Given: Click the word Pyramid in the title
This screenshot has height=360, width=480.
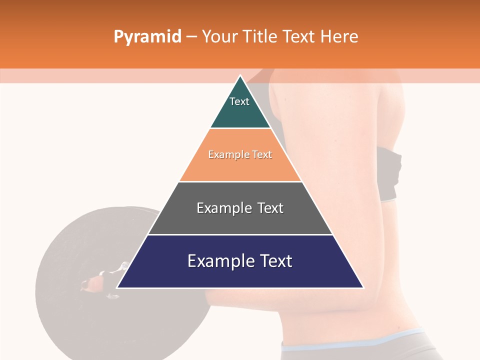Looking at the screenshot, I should point(147,37).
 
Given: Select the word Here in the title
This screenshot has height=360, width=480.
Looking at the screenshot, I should point(339,36).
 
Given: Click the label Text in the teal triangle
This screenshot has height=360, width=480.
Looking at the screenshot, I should point(239,101).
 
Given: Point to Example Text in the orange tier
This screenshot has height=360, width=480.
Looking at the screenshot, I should point(240,154).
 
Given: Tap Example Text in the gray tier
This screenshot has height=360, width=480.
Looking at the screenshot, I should point(240,208).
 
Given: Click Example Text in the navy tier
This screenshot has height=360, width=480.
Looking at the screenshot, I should point(240,261).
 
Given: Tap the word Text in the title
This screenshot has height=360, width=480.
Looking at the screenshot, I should point(299,36).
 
